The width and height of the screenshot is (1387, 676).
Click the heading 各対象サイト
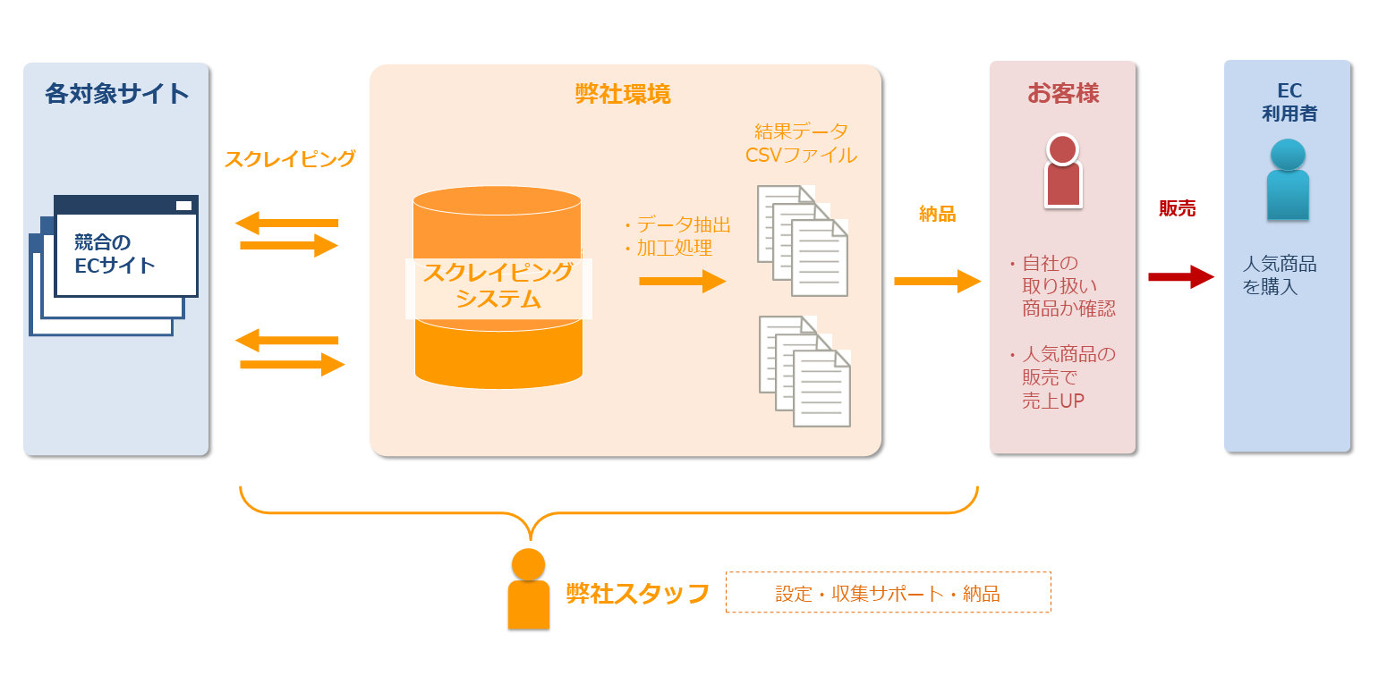(117, 94)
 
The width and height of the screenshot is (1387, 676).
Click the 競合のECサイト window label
(115, 254)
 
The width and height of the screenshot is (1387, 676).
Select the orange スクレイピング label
(290, 159)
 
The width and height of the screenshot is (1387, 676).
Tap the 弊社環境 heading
(623, 94)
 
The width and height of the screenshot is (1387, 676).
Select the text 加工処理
(675, 249)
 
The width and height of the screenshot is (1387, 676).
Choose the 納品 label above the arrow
(937, 214)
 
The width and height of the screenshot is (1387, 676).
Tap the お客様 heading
(1063, 93)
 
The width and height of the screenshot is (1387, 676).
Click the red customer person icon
(1063, 172)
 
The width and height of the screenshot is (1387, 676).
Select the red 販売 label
(1177, 208)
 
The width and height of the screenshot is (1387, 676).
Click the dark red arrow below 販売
(1180, 277)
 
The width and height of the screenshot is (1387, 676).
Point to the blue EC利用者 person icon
(1288, 180)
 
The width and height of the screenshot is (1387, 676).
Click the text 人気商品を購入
(1280, 275)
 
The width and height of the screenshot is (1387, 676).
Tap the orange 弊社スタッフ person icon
(528, 589)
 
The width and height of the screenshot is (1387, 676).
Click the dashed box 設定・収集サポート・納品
(888, 593)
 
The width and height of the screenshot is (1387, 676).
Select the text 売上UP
(1053, 401)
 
